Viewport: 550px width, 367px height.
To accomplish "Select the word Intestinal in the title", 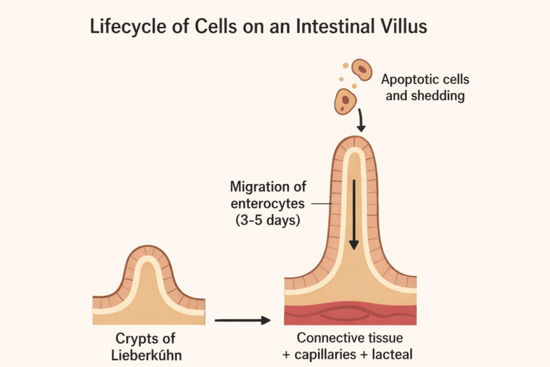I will tap(323, 28).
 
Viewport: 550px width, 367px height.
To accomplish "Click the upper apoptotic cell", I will tap(362, 70).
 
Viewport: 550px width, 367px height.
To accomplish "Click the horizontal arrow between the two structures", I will tap(242, 321).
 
